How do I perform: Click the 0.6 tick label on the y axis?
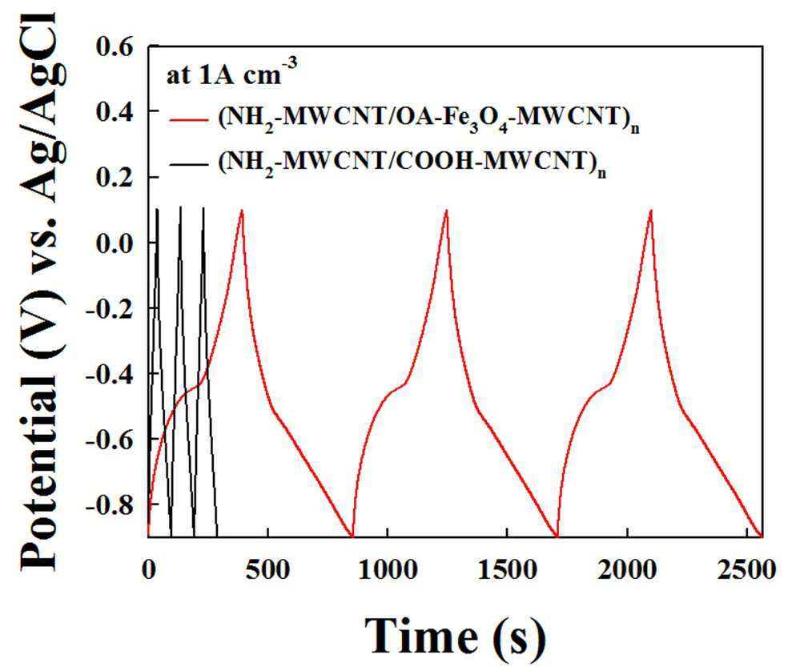coord(115,46)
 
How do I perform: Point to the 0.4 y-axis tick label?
coord(115,112)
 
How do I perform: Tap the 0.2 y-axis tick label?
coord(115,177)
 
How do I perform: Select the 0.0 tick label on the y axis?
coord(115,243)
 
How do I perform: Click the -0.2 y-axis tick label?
coord(109,308)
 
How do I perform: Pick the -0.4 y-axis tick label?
coord(109,374)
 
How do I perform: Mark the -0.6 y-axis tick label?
coord(109,439)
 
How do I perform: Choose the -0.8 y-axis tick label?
coord(109,504)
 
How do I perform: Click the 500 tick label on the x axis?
coord(267,570)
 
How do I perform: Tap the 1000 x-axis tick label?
coord(388,570)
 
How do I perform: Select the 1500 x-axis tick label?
coord(508,570)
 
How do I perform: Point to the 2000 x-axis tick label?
coord(627,570)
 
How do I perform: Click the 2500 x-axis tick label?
coord(746,570)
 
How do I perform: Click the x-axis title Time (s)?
coord(455,636)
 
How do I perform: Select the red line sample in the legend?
coord(189,121)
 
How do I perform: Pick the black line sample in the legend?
coord(189,164)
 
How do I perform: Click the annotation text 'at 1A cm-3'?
coord(231,73)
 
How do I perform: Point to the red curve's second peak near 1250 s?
coord(446,211)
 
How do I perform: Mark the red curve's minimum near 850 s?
coord(352,536)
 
